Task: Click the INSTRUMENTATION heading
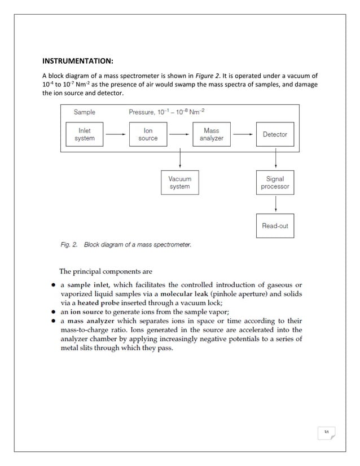coord(79,60)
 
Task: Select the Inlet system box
coord(85,134)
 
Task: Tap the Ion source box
coord(148,134)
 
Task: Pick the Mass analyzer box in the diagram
coord(211,134)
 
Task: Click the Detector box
coord(275,134)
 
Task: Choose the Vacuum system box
coord(179,183)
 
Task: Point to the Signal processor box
coord(275,183)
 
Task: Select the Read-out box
coord(275,226)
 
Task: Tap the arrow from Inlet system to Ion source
coord(116,134)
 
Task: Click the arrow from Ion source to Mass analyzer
coord(179,134)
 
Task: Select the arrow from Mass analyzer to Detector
coord(243,134)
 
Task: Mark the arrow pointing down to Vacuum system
coord(179,160)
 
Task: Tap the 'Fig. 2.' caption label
coord(70,245)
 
